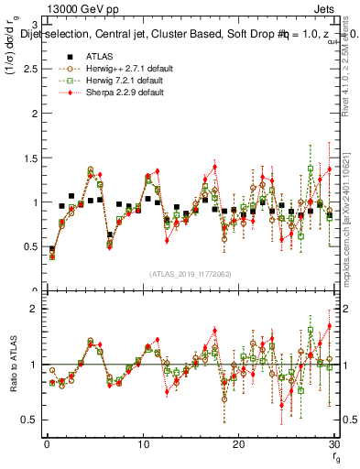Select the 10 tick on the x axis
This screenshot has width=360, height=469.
coord(142,444)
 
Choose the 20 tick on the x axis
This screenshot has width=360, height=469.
coord(238,444)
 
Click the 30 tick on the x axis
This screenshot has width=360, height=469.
coord(334,444)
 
